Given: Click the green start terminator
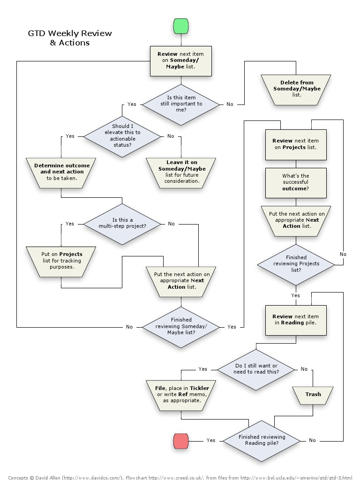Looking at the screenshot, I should click(180, 26).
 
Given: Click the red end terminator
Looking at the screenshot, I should click(180, 441).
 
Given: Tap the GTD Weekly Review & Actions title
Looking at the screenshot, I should click(70, 38).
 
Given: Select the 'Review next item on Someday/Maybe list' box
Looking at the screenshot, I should click(180, 60).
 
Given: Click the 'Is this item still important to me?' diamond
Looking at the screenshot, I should click(180, 104).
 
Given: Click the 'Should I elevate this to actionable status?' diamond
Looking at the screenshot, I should click(122, 136).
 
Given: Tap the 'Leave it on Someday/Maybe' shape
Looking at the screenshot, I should click(181, 172).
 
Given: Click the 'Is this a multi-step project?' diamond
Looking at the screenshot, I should click(122, 224).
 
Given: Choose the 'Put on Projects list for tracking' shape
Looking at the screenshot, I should click(61, 261).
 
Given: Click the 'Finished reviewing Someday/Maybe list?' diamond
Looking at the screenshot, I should click(180, 326).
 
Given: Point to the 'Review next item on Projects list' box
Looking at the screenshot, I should click(296, 144).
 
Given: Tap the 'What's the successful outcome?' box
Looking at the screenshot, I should click(296, 182).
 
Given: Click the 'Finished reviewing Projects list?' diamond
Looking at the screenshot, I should click(296, 264).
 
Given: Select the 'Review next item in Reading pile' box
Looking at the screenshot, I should click(296, 320).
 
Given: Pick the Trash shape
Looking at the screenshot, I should click(313, 394).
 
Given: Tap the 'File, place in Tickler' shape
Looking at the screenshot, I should click(181, 394).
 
